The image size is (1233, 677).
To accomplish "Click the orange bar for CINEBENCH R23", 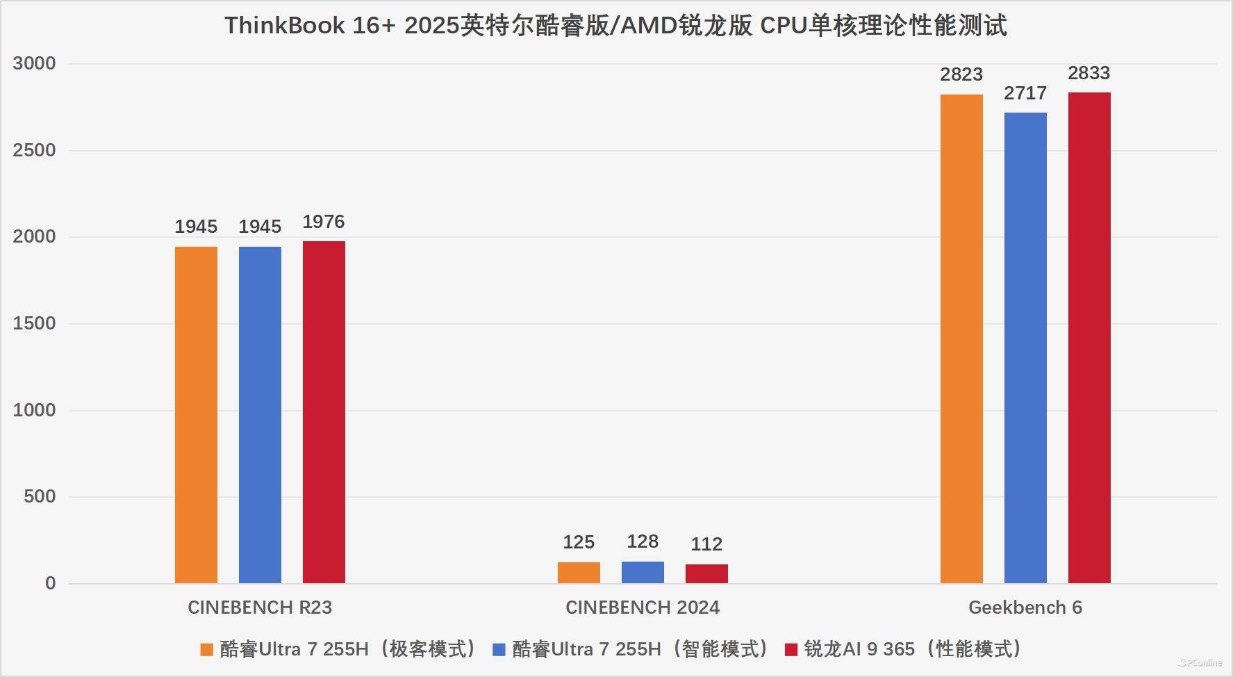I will tap(196, 414).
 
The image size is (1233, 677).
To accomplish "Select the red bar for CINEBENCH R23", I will tap(324, 411).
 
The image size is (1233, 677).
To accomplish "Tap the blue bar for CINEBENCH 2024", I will tap(643, 572).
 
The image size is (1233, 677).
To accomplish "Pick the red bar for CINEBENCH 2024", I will tap(706, 573).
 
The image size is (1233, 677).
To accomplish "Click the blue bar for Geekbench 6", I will tap(1025, 348).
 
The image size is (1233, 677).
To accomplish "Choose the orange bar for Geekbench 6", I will tap(961, 338).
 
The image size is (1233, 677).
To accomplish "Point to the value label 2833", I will tap(1089, 73).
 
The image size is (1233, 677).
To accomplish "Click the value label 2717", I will tap(1025, 93).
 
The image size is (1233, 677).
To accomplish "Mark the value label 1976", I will tap(324, 222).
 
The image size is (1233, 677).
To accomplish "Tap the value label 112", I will tap(706, 544).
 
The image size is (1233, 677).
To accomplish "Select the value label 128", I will tap(643, 541).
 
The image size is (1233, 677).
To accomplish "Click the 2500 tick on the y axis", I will tap(34, 150).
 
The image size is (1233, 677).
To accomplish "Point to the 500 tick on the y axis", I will tap(40, 496).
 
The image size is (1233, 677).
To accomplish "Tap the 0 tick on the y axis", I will tap(50, 583).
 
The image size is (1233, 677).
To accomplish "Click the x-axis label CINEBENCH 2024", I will tap(643, 607).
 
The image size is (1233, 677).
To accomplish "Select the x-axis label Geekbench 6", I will tap(1025, 607).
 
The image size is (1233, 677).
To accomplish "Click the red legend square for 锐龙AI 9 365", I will tap(791, 650).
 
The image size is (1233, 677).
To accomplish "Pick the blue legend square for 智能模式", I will tap(499, 650).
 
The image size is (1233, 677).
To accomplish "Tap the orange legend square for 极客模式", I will tap(206, 650).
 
